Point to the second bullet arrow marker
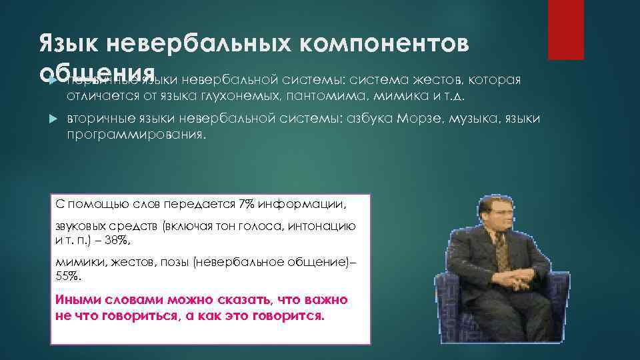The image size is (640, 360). [x=55, y=119]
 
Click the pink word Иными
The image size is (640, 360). [x=75, y=301]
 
